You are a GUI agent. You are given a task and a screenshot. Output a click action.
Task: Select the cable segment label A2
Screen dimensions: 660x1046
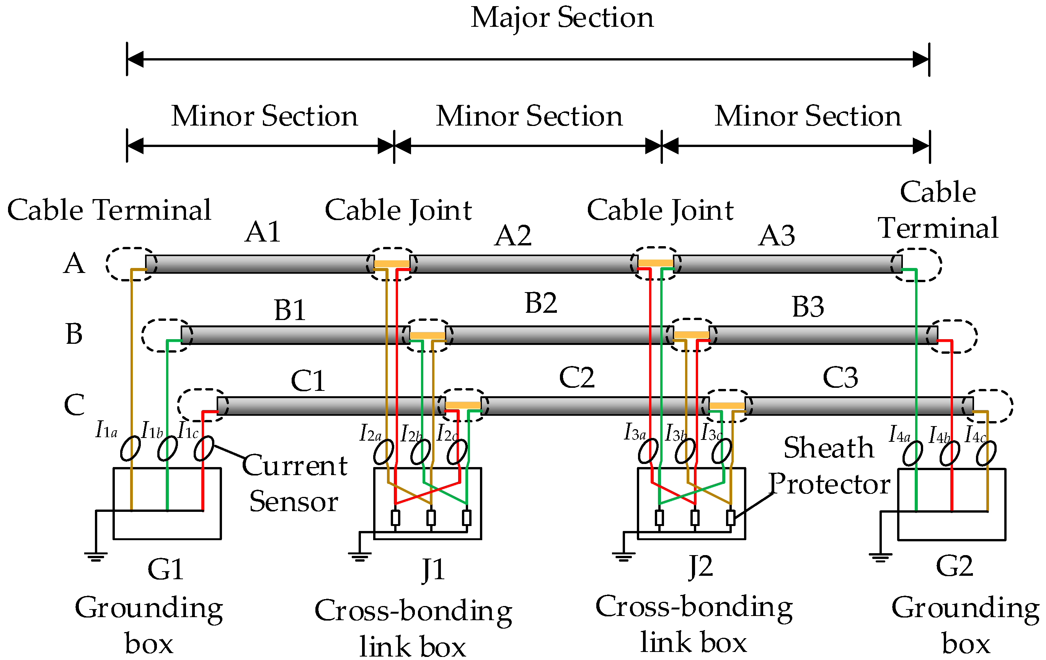pos(513,236)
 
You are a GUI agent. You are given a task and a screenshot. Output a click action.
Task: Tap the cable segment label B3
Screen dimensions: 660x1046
pos(808,307)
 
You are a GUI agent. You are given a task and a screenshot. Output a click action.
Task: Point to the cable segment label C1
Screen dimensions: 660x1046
pos(308,381)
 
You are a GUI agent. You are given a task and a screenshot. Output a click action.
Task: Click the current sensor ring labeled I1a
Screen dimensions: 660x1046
pos(130,448)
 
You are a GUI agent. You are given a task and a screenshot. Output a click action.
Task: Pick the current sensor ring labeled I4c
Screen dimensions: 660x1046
pos(986,453)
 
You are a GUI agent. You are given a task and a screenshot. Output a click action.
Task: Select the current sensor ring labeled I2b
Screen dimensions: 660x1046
pos(421,452)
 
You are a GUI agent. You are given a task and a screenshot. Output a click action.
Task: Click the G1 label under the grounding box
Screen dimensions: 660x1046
pos(165,570)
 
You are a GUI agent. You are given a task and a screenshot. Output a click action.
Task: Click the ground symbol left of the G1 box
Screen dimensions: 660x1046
pos(96,557)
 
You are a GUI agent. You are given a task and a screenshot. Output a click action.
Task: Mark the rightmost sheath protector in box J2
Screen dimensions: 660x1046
pos(731,518)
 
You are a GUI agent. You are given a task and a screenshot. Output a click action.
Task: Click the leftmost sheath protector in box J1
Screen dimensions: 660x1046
pos(395,518)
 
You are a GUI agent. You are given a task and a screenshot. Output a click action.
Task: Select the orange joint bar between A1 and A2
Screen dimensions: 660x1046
pos(392,264)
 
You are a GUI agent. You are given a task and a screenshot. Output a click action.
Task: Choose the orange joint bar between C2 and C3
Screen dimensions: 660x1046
pos(727,406)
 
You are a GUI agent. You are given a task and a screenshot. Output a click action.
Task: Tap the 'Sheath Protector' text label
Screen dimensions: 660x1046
pos(829,466)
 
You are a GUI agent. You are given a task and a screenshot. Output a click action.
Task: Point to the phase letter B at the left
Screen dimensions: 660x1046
pos(74,334)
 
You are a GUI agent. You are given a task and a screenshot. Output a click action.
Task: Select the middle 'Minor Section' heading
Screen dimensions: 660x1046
pos(529,116)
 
